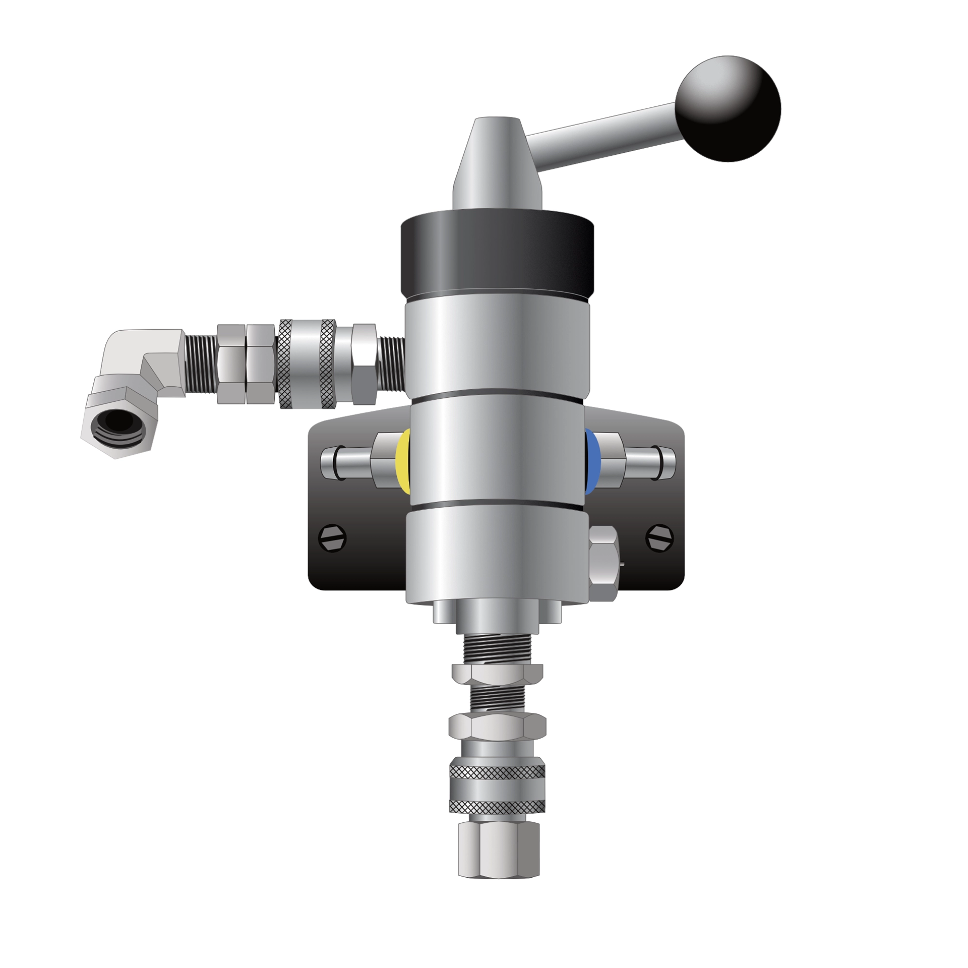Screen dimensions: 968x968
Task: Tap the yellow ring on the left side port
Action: [x=403, y=459]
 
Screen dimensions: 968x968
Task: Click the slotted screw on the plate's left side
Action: [x=333, y=538]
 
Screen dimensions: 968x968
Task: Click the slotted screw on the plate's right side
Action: [x=659, y=538]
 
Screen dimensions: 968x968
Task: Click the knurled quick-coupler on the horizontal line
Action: [x=308, y=364]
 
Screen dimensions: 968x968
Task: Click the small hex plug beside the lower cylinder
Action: [x=603, y=563]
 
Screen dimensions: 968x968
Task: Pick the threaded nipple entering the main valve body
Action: [x=391, y=363]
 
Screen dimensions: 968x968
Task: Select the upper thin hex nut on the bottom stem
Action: [x=497, y=673]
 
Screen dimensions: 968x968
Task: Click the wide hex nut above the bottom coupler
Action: [x=497, y=726]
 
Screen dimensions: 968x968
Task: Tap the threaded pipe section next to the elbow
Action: [x=201, y=363]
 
